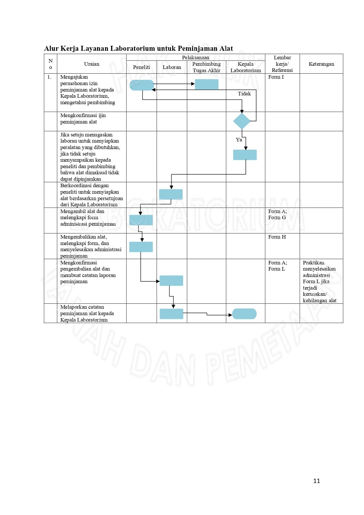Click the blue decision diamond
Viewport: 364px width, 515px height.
(x=242, y=121)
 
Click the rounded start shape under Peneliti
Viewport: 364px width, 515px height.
(x=142, y=85)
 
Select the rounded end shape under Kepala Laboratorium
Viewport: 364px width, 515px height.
(x=244, y=314)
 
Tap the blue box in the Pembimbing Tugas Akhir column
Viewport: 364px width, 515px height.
(x=206, y=84)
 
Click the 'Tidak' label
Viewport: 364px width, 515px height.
(x=244, y=94)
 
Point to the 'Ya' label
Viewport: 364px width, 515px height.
(x=239, y=140)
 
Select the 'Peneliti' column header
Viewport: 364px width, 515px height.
(x=141, y=67)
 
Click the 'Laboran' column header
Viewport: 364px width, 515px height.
(x=172, y=67)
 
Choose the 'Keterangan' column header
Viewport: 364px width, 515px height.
(x=321, y=64)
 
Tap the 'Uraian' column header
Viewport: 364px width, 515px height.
(x=92, y=64)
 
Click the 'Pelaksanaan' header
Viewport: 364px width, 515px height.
(x=196, y=58)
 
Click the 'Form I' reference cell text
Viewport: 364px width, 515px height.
(x=276, y=77)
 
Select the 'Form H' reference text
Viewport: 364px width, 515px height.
(x=277, y=237)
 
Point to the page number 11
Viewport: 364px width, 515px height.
(x=316, y=481)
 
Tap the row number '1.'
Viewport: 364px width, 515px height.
(x=49, y=77)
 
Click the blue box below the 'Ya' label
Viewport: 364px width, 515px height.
(x=245, y=155)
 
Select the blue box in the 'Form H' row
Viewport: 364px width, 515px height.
(x=141, y=247)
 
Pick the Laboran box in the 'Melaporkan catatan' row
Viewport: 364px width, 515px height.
(x=171, y=314)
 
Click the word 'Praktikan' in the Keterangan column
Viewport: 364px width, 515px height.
(x=313, y=263)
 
